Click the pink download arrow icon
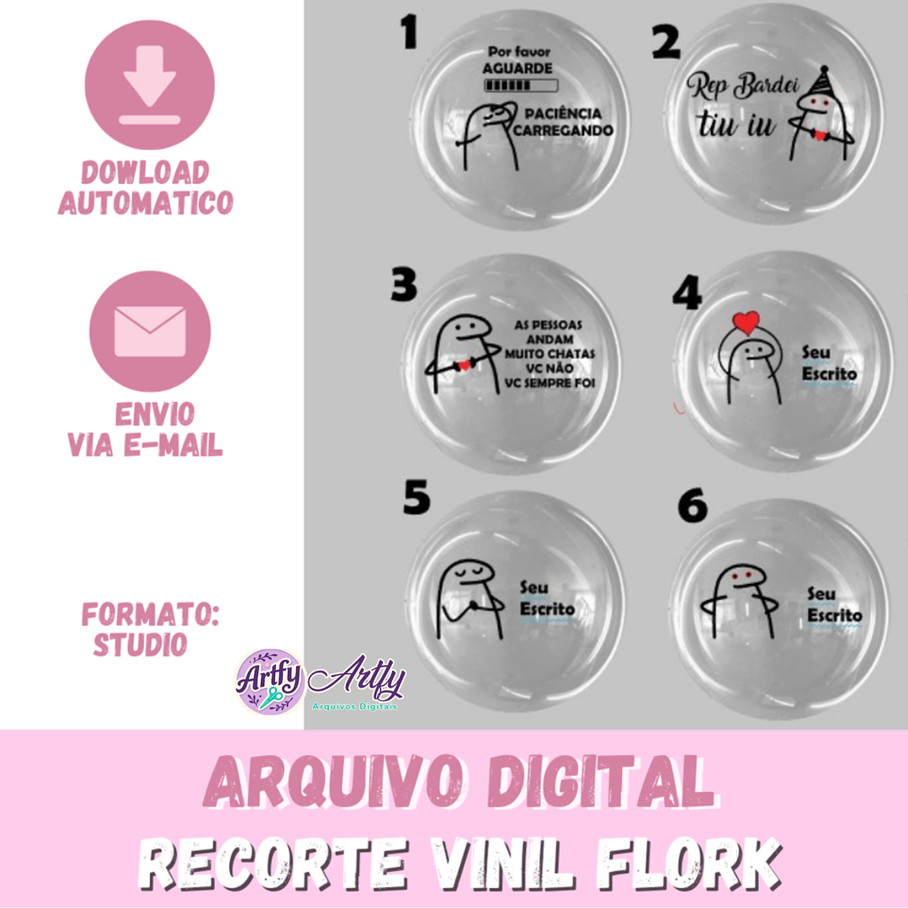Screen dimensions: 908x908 coord(149,88)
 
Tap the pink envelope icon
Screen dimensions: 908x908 coord(150,331)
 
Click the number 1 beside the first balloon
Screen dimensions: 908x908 coord(410,33)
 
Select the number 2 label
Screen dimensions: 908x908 coord(666,42)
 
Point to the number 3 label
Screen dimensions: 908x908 coord(404,286)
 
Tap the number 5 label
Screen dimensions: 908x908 coord(417,498)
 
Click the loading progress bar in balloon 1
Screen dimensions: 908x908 coord(521,85)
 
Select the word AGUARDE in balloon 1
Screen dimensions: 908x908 coord(518,67)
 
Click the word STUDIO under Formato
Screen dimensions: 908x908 coord(140,644)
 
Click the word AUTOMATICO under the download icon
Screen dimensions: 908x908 coord(146,203)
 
